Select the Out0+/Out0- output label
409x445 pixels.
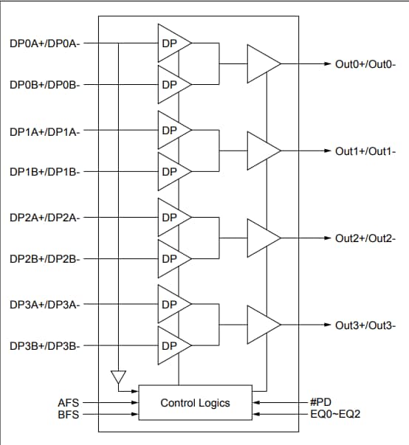[x=365, y=64]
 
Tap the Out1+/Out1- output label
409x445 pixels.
[x=365, y=151]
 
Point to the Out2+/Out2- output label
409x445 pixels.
[x=365, y=238]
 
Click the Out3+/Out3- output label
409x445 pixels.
[x=365, y=325]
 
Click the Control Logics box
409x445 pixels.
[x=196, y=403]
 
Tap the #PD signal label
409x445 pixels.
[x=320, y=403]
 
